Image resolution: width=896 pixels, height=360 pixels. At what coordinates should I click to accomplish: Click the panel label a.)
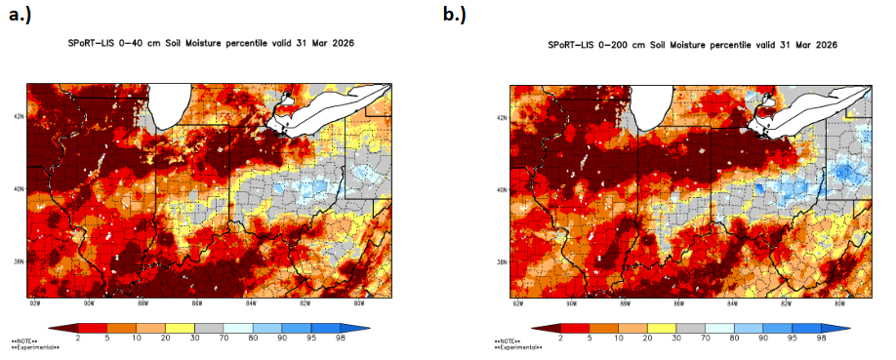pos(21,15)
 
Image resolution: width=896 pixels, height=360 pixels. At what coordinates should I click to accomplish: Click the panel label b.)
pos(456,15)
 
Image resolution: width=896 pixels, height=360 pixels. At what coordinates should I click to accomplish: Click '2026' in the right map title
pos(825,46)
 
